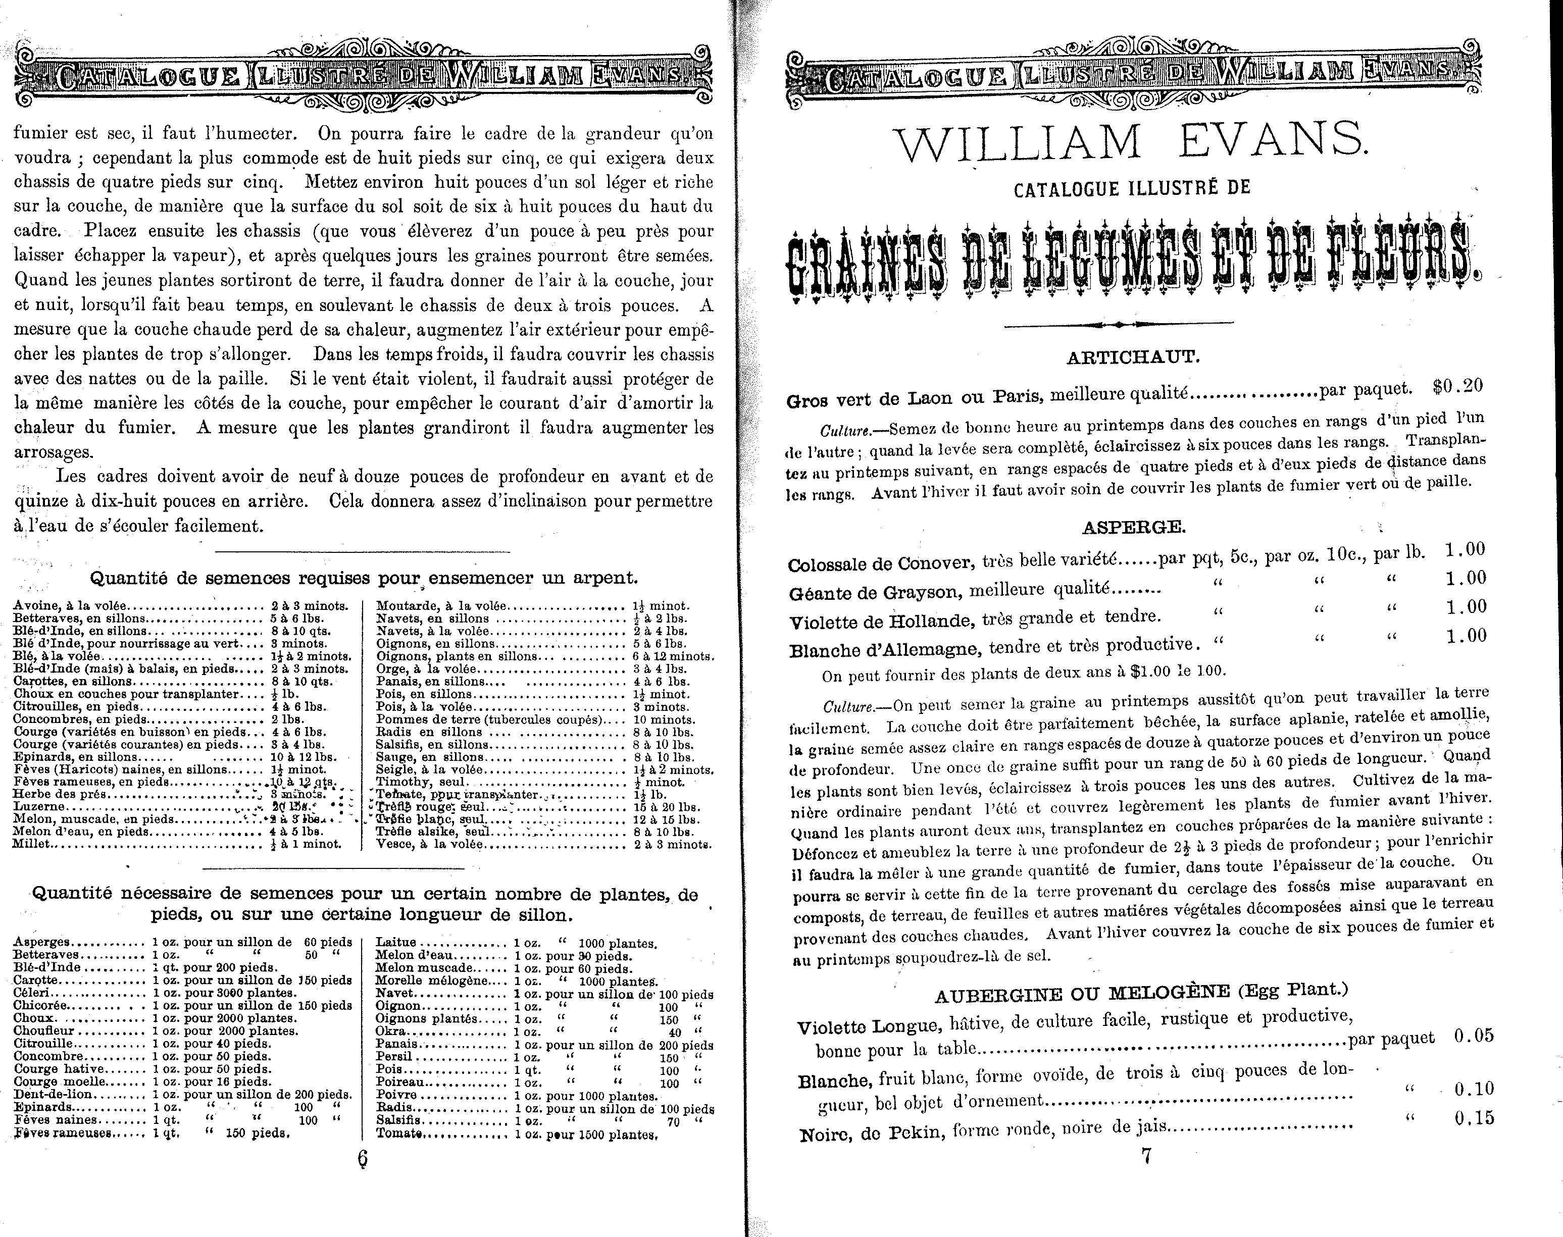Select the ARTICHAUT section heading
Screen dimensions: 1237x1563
pos(1134,357)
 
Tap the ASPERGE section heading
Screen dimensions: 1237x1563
pos(1134,527)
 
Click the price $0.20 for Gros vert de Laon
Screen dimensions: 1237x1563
pos(1458,386)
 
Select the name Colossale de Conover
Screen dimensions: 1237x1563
pos(880,563)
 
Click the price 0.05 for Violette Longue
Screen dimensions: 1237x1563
pos(1473,1036)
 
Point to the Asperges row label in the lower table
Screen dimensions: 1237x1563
pos(41,942)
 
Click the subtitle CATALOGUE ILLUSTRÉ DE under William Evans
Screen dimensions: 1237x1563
pos(1132,190)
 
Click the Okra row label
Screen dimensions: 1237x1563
pos(391,1032)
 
